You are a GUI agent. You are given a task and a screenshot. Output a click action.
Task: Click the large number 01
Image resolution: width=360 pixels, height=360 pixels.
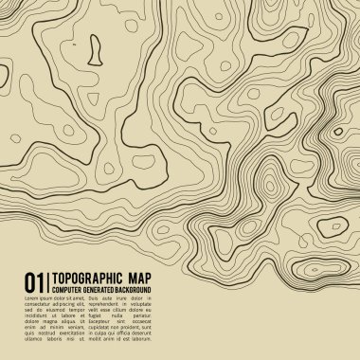tap(34, 280)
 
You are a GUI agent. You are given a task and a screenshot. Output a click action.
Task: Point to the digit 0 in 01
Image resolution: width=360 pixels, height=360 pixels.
tap(29, 280)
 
